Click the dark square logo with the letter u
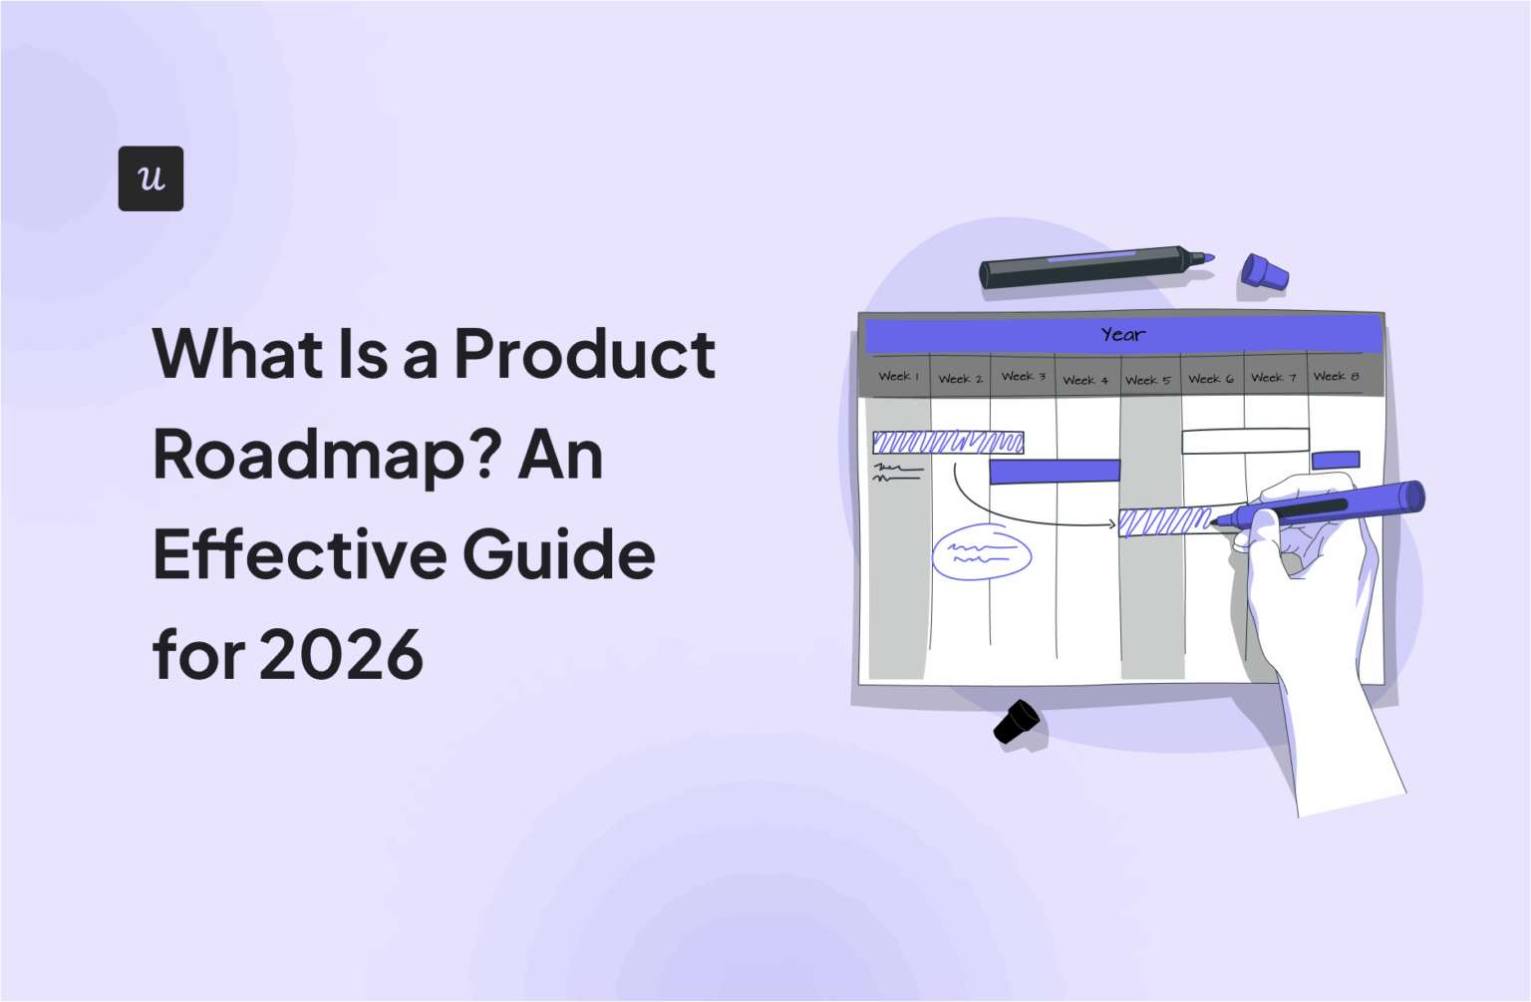pyautogui.click(x=151, y=178)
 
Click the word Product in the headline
pyautogui.click(x=585, y=354)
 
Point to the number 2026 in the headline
pyautogui.click(x=341, y=655)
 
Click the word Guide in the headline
pyautogui.click(x=559, y=554)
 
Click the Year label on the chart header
pyautogui.click(x=1123, y=335)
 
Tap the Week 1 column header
pyautogui.click(x=898, y=377)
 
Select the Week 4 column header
pyautogui.click(x=1085, y=380)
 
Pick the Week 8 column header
pyautogui.click(x=1336, y=376)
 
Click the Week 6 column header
pyautogui.click(x=1210, y=379)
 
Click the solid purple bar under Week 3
pyautogui.click(x=1055, y=471)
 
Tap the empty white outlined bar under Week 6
pyautogui.click(x=1245, y=441)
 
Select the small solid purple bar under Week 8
pyautogui.click(x=1336, y=460)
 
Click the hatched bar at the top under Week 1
pyautogui.click(x=948, y=442)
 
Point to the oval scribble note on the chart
pyautogui.click(x=982, y=553)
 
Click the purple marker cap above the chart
pyautogui.click(x=1264, y=272)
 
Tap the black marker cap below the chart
pyautogui.click(x=1017, y=721)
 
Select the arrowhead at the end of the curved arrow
pyautogui.click(x=1111, y=523)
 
